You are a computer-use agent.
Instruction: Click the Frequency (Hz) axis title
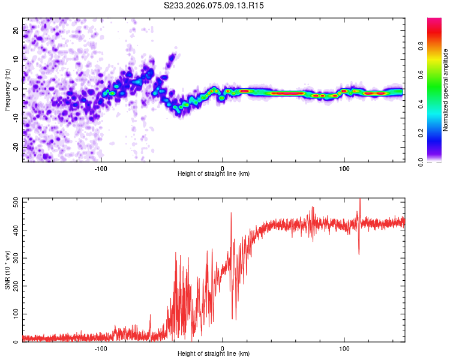[7, 90]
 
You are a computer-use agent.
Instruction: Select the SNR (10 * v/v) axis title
[7, 270]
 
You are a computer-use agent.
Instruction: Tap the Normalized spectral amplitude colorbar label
[446, 90]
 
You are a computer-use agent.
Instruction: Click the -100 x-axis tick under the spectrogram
[101, 167]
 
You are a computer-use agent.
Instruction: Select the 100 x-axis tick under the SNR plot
[344, 347]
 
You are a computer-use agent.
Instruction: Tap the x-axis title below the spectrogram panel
[214, 173]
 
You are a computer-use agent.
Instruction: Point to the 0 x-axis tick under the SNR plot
[223, 347]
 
